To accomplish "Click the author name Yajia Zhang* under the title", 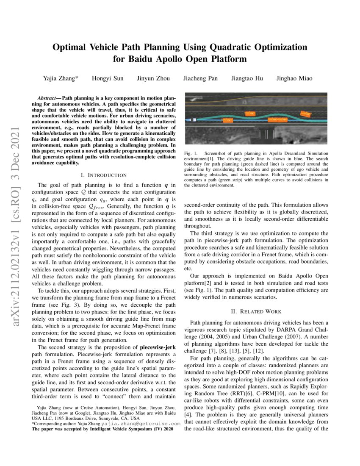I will click(61, 78).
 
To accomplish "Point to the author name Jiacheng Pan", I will click(200, 78).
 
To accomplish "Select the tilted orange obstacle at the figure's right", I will click(305, 114).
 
